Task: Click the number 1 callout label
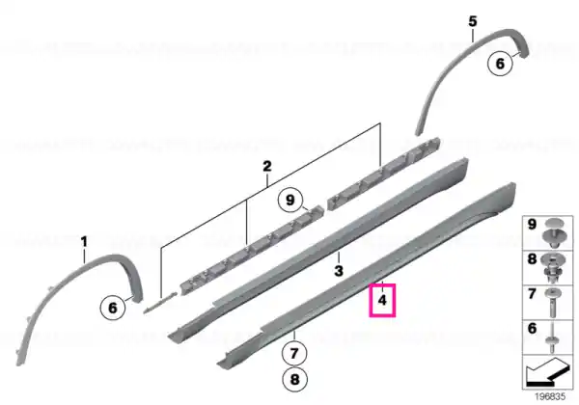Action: (84, 242)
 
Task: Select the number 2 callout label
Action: (267, 166)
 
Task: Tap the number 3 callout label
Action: (339, 271)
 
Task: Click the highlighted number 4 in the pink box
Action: (382, 300)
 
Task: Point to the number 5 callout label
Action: (473, 21)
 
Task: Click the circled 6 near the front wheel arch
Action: (113, 308)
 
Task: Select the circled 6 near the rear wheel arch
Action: (500, 64)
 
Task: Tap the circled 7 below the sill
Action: (294, 353)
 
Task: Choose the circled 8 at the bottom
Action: (294, 379)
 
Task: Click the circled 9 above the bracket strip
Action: (290, 200)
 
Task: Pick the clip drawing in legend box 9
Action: (552, 233)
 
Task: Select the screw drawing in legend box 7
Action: (553, 303)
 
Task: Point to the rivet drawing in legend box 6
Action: (552, 337)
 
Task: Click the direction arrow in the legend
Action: (547, 373)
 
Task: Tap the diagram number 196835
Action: (550, 396)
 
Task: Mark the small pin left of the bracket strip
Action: (160, 302)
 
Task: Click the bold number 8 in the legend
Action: (532, 258)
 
